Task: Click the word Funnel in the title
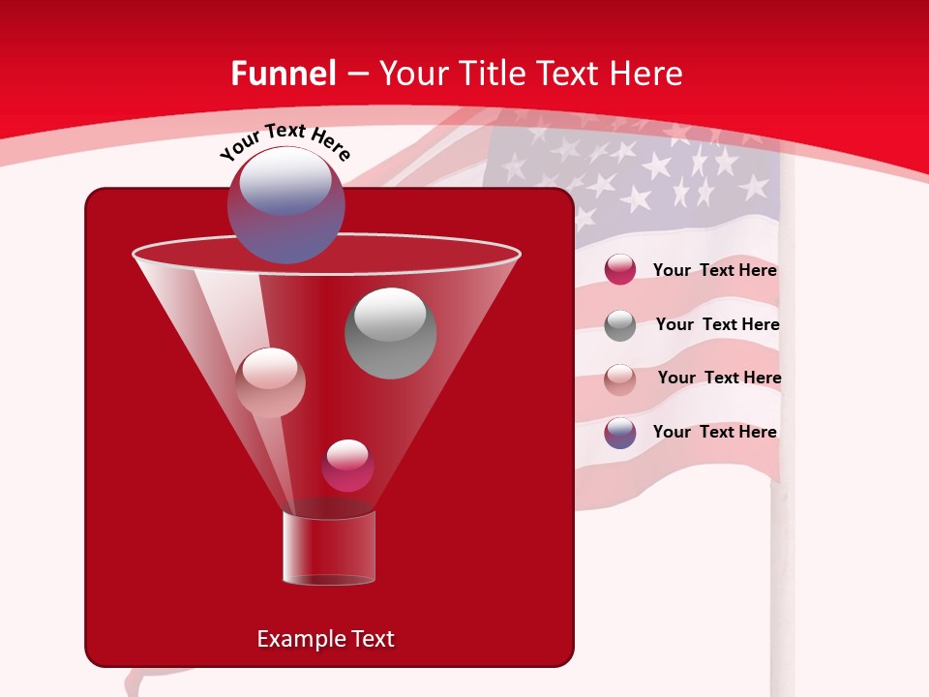pyautogui.click(x=283, y=73)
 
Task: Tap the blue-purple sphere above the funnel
pyautogui.click(x=285, y=204)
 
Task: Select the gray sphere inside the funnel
pyautogui.click(x=390, y=332)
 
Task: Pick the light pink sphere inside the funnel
pyautogui.click(x=270, y=382)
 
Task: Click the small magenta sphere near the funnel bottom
pyautogui.click(x=347, y=466)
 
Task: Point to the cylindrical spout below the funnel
pyautogui.click(x=329, y=548)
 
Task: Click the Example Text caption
pyautogui.click(x=325, y=639)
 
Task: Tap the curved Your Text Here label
pyautogui.click(x=285, y=141)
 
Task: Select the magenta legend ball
pyautogui.click(x=620, y=270)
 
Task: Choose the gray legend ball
pyautogui.click(x=620, y=325)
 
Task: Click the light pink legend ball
pyautogui.click(x=620, y=379)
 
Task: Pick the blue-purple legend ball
pyautogui.click(x=620, y=433)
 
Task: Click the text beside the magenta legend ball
pyautogui.click(x=714, y=270)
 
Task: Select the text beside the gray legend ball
pyautogui.click(x=717, y=324)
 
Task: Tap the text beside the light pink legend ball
pyautogui.click(x=719, y=378)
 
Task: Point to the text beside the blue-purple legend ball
pyautogui.click(x=714, y=432)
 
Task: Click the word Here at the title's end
pyautogui.click(x=648, y=73)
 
